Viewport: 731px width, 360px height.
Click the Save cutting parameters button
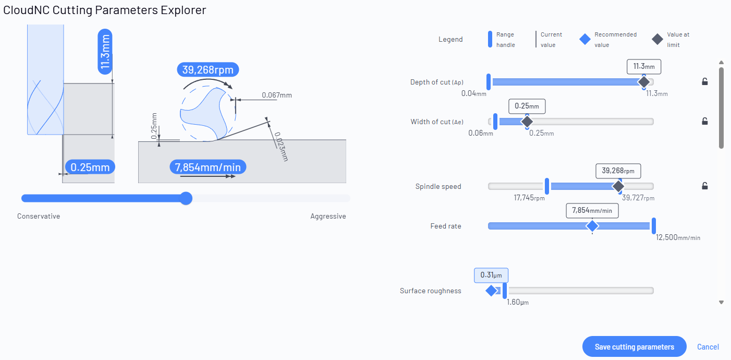click(634, 346)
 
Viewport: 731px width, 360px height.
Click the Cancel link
click(708, 346)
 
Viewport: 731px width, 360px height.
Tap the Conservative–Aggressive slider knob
click(186, 198)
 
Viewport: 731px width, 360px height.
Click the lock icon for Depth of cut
click(705, 82)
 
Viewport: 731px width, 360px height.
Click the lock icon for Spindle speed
click(705, 186)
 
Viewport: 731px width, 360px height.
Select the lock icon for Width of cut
click(705, 121)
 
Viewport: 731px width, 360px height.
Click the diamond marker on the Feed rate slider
click(592, 226)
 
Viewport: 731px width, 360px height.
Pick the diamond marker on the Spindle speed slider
click(618, 186)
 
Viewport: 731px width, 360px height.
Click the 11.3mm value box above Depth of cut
click(644, 67)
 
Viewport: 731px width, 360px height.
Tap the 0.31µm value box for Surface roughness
click(491, 275)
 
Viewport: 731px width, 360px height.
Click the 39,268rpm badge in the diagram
click(208, 69)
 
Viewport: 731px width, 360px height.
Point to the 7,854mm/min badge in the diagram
click(208, 167)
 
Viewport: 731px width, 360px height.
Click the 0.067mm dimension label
click(277, 95)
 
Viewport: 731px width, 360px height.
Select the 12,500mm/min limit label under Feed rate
click(678, 237)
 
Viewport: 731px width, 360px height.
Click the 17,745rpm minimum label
click(529, 198)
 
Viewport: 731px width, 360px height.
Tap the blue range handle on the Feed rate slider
click(654, 226)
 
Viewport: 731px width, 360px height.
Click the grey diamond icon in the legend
click(657, 39)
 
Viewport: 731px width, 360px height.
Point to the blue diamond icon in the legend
click(585, 39)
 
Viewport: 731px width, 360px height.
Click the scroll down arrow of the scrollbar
click(721, 303)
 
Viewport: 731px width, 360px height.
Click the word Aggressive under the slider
click(328, 217)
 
